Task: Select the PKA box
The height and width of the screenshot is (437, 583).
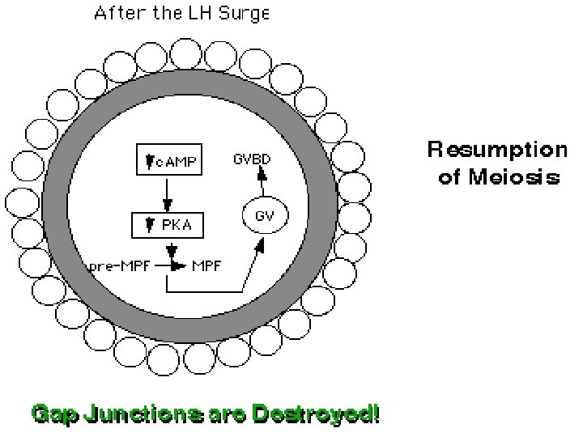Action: click(168, 225)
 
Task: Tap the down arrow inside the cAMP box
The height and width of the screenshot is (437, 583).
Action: click(149, 163)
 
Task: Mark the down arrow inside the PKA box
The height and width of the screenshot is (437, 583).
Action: click(149, 225)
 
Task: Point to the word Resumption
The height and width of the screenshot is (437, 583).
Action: click(497, 151)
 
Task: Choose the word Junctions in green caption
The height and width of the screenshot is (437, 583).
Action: click(143, 414)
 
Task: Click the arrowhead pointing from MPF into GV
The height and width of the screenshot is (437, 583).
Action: click(258, 243)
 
